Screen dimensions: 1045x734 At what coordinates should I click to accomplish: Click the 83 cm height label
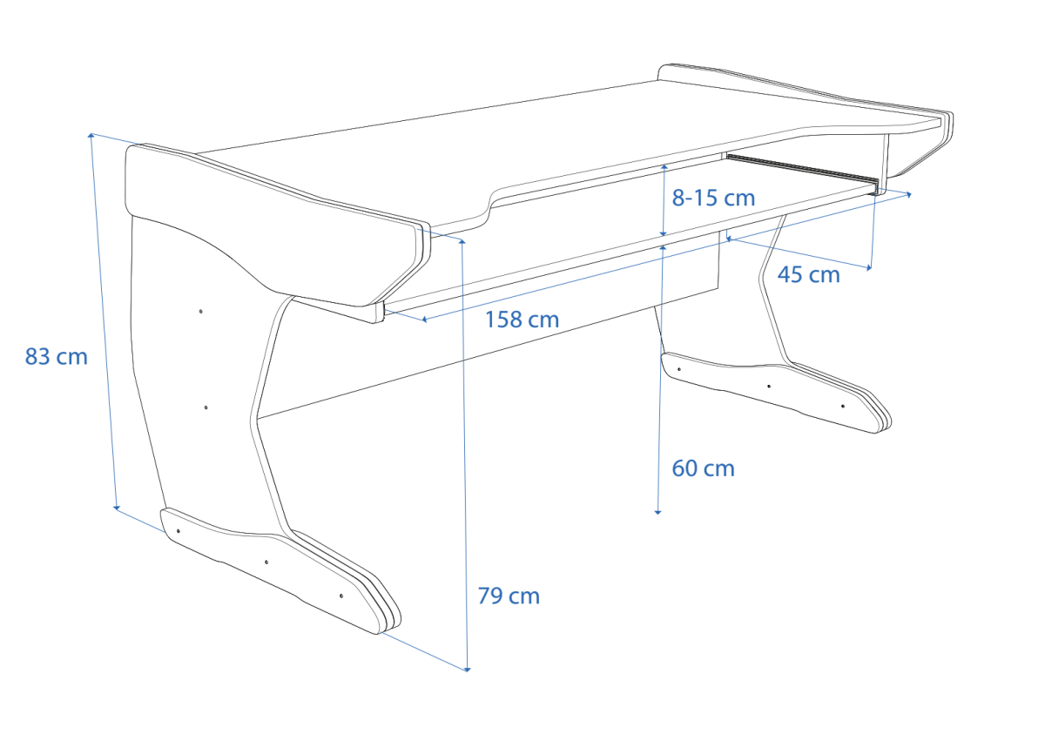point(56,357)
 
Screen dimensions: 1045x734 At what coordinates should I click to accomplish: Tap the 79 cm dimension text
point(509,596)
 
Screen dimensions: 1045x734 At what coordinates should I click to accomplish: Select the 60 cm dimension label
point(703,468)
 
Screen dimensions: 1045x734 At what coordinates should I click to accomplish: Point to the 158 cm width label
point(522,320)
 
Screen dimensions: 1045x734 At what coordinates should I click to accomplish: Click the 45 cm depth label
point(808,274)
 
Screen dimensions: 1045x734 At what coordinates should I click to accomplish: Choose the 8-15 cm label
point(713,199)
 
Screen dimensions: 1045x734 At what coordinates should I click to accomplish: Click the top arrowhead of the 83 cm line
point(91,136)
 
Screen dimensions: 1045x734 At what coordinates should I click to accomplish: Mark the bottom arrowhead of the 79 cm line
point(468,670)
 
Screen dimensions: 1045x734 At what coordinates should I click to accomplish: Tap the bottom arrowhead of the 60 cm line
point(657,512)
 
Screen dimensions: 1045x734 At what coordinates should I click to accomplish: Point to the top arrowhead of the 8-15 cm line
point(664,167)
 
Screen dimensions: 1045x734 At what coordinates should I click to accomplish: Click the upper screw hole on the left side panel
point(200,311)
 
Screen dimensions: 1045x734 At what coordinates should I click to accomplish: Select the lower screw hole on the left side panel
point(206,407)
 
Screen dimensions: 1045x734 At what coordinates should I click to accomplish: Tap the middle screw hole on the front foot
point(266,562)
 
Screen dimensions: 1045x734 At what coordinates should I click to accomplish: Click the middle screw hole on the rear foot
point(769,386)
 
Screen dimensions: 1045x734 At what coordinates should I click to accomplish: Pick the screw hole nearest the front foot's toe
point(341,596)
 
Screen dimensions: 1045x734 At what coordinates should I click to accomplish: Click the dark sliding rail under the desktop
point(802,172)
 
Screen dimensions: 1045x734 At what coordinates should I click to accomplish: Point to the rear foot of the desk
point(774,391)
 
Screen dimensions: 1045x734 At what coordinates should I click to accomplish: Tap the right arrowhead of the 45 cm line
point(869,268)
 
